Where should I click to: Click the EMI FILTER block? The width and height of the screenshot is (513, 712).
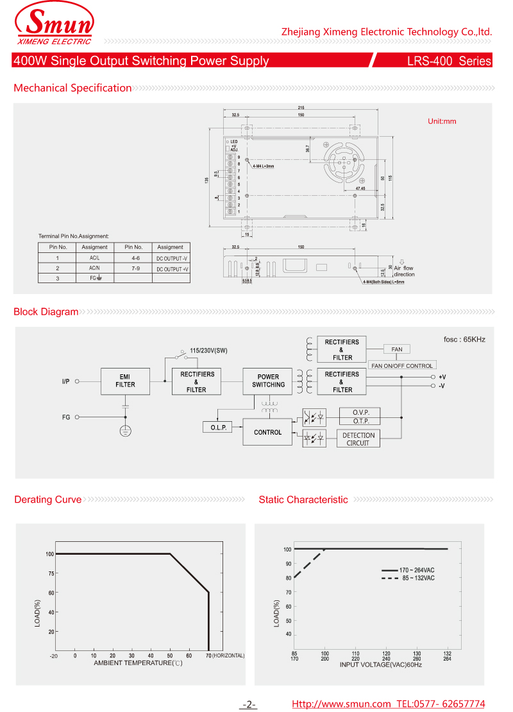pyautogui.click(x=125, y=381)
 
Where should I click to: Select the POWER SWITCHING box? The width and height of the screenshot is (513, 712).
pyautogui.click(x=268, y=381)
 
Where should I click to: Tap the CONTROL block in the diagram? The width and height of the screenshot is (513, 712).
pyautogui.click(x=267, y=432)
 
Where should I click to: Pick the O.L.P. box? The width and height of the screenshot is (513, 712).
pyautogui.click(x=219, y=428)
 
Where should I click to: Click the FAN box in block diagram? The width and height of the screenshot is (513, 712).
pyautogui.click(x=397, y=349)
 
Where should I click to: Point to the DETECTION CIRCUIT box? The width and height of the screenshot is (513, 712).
pyautogui.click(x=358, y=439)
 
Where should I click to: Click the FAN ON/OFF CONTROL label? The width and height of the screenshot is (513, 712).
pyautogui.click(x=402, y=365)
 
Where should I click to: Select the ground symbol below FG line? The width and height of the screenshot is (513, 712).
pyautogui.click(x=126, y=430)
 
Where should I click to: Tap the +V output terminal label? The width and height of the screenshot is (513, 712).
pyautogui.click(x=442, y=377)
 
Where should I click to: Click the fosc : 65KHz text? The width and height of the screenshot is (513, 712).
pyautogui.click(x=464, y=339)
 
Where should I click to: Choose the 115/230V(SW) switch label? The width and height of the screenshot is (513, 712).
pyautogui.click(x=208, y=351)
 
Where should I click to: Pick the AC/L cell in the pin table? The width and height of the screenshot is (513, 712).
pyautogui.click(x=95, y=258)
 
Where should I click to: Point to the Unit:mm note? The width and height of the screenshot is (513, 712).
pyautogui.click(x=442, y=121)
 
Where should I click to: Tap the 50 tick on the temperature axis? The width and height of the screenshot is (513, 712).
pyautogui.click(x=170, y=656)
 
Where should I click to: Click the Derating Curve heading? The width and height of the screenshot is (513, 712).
pyautogui.click(x=48, y=499)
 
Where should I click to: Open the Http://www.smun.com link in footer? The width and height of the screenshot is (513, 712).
pyautogui.click(x=341, y=704)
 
